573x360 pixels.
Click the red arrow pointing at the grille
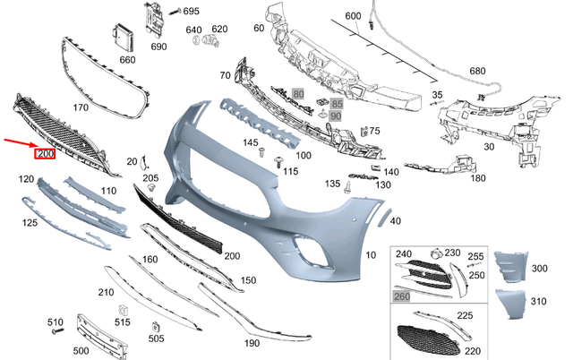click(x=18, y=143)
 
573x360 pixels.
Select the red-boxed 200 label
click(x=45, y=155)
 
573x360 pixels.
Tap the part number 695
click(x=191, y=12)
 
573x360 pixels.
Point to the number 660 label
click(x=127, y=60)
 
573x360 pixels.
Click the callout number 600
click(x=352, y=16)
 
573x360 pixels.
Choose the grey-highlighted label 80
click(x=298, y=93)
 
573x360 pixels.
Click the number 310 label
click(x=538, y=301)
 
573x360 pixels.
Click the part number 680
click(x=477, y=71)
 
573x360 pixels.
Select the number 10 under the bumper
click(x=370, y=255)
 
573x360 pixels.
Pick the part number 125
click(x=30, y=221)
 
